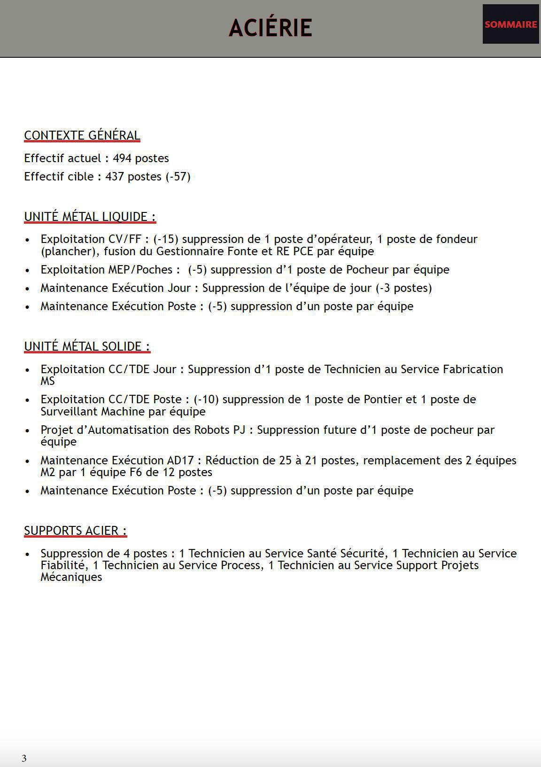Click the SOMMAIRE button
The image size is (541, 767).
click(510, 24)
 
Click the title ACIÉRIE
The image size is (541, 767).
click(270, 28)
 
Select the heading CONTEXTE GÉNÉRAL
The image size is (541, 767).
click(82, 135)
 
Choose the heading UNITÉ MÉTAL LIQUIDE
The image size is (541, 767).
click(90, 217)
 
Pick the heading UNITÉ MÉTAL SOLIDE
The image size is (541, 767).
click(87, 346)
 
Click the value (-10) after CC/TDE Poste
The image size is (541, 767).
click(206, 399)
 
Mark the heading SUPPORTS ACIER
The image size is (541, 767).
click(75, 531)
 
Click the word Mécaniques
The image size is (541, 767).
click(71, 577)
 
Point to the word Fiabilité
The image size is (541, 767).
click(63, 565)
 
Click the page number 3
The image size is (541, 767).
click(24, 758)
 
